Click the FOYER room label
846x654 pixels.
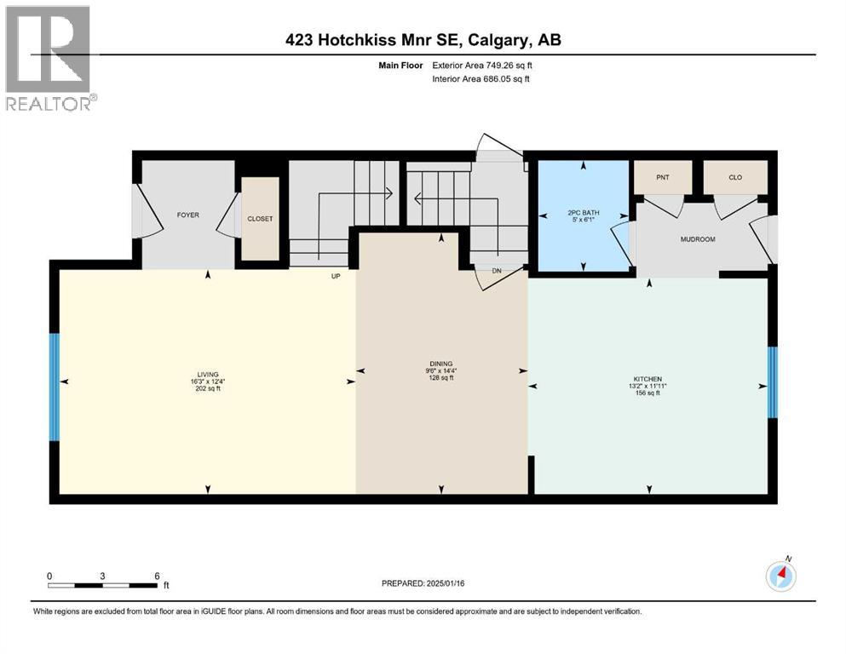click(187, 215)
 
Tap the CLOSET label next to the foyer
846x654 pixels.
click(260, 219)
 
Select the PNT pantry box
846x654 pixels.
click(662, 177)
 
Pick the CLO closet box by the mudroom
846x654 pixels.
click(735, 177)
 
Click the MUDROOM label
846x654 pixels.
click(697, 239)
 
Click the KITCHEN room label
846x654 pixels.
click(647, 379)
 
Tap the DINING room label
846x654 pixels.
click(441, 363)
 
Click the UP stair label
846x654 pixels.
click(337, 275)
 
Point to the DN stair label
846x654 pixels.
click(498, 271)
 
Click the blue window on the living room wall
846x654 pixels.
click(55, 387)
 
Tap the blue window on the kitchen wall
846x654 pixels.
click(773, 382)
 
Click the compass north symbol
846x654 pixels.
click(780, 577)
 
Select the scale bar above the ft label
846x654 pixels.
click(102, 585)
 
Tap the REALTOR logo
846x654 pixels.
click(49, 58)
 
